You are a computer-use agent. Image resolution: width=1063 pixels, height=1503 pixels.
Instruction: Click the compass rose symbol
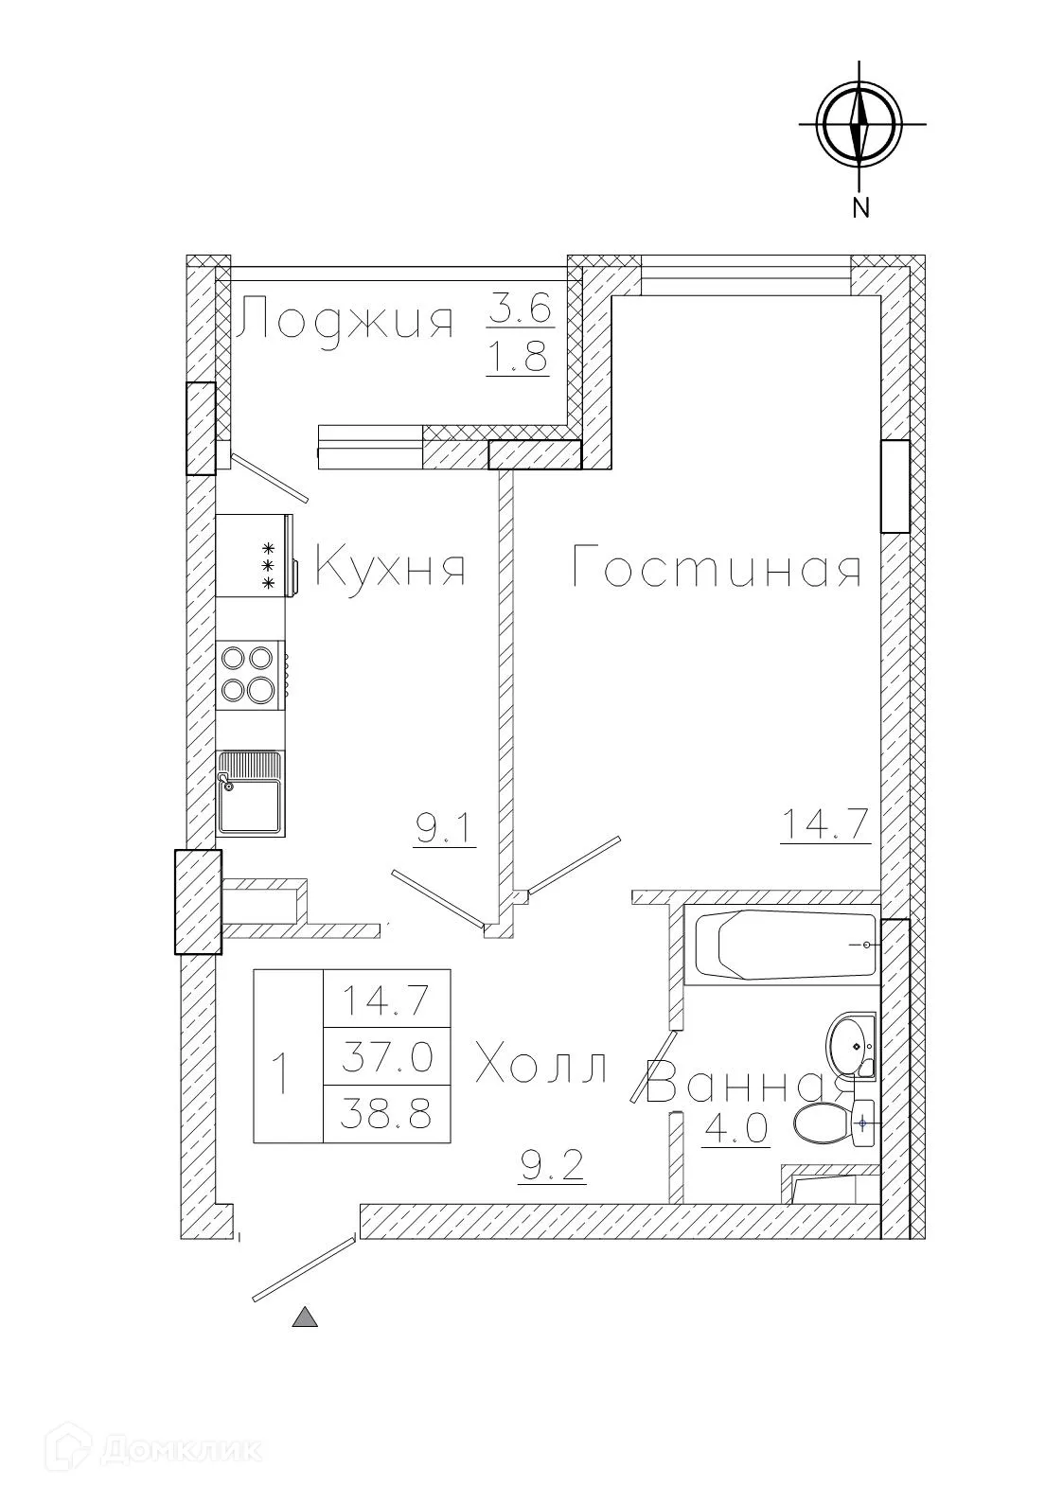859,124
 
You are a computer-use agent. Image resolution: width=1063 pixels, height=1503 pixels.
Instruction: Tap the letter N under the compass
859,207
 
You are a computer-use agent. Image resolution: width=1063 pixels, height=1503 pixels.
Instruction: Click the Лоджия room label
345,321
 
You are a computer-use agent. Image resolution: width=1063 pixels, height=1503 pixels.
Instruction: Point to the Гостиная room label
717,570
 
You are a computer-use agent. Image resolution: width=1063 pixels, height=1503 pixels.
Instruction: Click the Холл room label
540,1068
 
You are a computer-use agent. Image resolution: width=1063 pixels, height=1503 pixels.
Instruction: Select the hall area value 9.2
554,1166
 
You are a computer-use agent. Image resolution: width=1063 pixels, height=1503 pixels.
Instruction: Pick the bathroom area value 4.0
735,1130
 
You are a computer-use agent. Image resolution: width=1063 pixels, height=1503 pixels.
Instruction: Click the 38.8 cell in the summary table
386,1114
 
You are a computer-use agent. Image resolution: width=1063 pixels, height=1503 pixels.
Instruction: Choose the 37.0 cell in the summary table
386,1055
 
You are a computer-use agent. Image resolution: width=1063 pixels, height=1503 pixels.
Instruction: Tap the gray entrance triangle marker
305,1317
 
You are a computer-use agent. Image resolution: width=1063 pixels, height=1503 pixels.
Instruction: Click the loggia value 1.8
517,359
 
